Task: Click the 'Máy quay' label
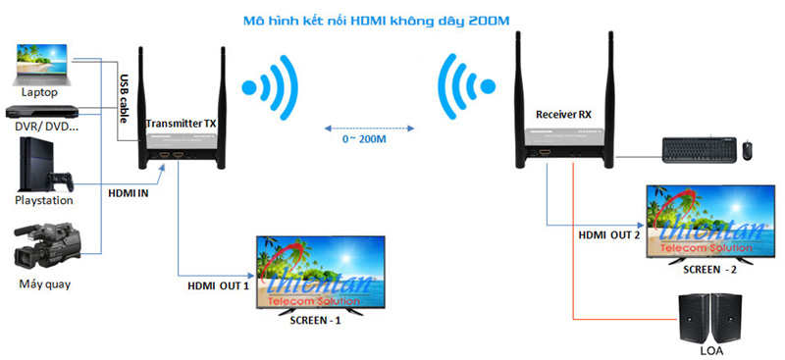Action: coord(43,284)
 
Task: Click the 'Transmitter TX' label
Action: coord(181,124)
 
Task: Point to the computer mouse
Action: coord(748,150)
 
